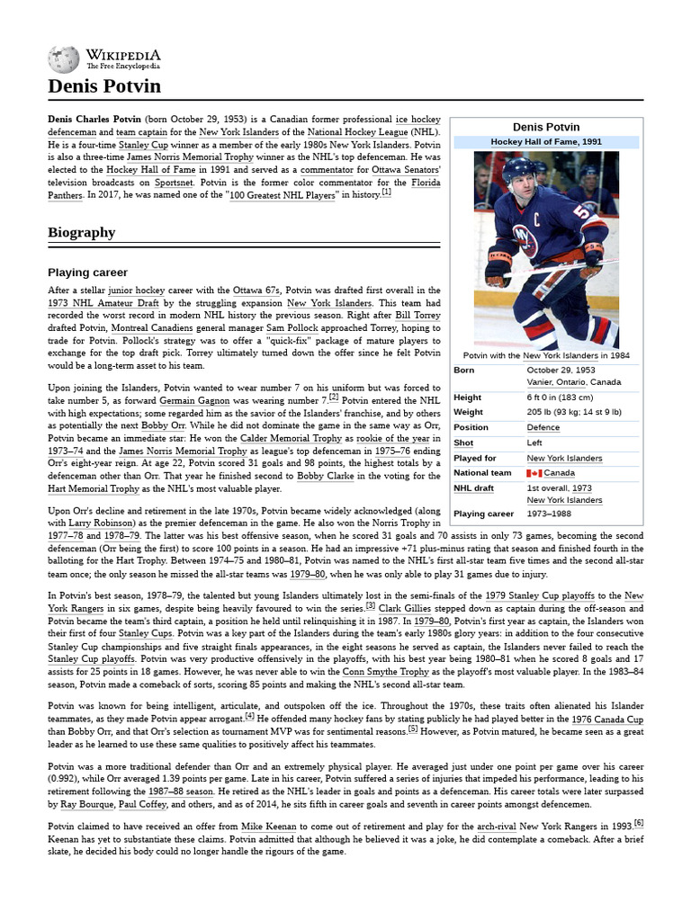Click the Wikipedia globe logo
click(64, 59)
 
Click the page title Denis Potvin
click(103, 86)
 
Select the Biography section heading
click(81, 233)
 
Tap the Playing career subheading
click(87, 273)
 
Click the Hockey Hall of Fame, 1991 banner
click(546, 142)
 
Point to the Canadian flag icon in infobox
click(534, 473)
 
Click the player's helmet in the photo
click(519, 169)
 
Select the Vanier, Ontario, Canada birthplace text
click(573, 381)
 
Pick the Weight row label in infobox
click(468, 412)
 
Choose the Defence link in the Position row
click(543, 427)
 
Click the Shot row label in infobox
click(463, 443)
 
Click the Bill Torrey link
click(417, 317)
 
